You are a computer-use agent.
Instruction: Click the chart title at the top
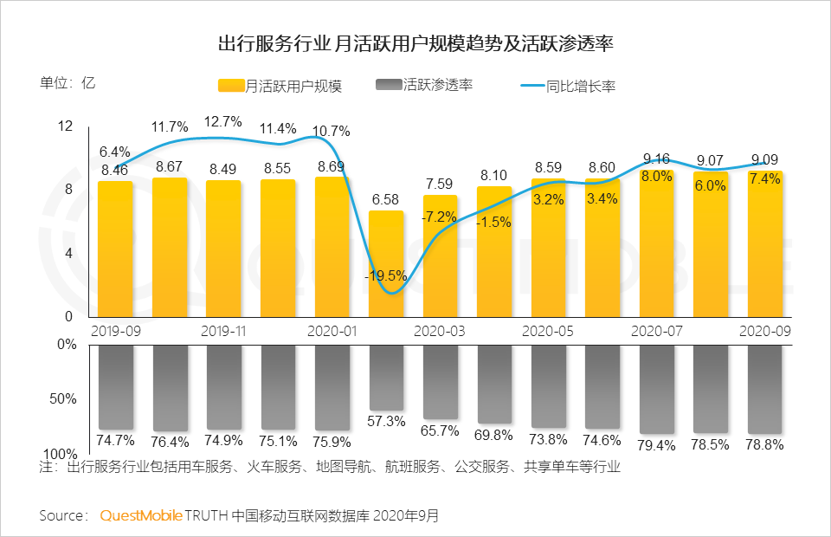(415, 43)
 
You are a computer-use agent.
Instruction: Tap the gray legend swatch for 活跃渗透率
(389, 85)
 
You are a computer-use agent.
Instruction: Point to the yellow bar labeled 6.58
(386, 264)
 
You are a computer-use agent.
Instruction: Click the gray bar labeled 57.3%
(386, 377)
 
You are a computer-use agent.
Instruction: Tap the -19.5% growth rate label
(386, 275)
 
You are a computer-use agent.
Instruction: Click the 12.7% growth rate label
(223, 121)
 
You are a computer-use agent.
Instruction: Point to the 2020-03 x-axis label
(440, 331)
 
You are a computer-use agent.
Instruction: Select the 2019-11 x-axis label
(223, 331)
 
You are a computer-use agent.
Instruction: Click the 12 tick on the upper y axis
(65, 126)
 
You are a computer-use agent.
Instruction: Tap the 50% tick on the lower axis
(63, 399)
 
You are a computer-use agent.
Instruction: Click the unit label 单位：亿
(67, 84)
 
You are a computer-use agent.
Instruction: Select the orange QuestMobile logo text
(141, 515)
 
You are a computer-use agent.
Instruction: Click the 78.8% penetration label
(765, 445)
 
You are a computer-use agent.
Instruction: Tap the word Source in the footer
(62, 515)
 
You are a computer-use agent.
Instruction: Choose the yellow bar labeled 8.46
(115, 249)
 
